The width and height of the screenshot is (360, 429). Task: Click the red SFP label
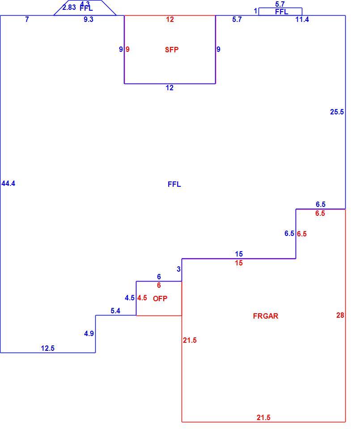[x=172, y=50]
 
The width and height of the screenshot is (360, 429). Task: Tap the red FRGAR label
[x=266, y=316]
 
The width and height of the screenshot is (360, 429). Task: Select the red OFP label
[x=160, y=299]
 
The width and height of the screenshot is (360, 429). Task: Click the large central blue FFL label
[x=174, y=184]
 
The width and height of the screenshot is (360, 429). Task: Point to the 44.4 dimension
[x=8, y=184]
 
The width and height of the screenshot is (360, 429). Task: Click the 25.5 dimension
[x=337, y=112]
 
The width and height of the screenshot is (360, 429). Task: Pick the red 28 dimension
[x=340, y=315]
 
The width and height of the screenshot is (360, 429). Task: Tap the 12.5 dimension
[x=48, y=348]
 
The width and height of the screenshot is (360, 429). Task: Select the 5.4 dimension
[x=115, y=311]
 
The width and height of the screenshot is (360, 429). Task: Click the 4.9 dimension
[x=89, y=333]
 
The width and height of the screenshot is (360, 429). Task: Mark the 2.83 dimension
[x=69, y=8]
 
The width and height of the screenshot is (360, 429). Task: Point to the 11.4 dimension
[x=302, y=19]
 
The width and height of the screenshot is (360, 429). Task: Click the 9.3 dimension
[x=89, y=19]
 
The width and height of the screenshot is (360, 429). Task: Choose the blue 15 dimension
[x=239, y=254]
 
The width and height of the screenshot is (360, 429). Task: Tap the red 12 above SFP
[x=170, y=19]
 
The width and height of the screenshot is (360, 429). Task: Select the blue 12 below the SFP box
[x=169, y=88]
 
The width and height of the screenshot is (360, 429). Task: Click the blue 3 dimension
[x=178, y=269]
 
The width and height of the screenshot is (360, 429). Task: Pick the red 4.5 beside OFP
[x=142, y=298]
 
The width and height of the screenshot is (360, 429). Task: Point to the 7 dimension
[x=27, y=19]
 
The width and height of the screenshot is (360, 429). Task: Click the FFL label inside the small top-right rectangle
[x=281, y=12]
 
